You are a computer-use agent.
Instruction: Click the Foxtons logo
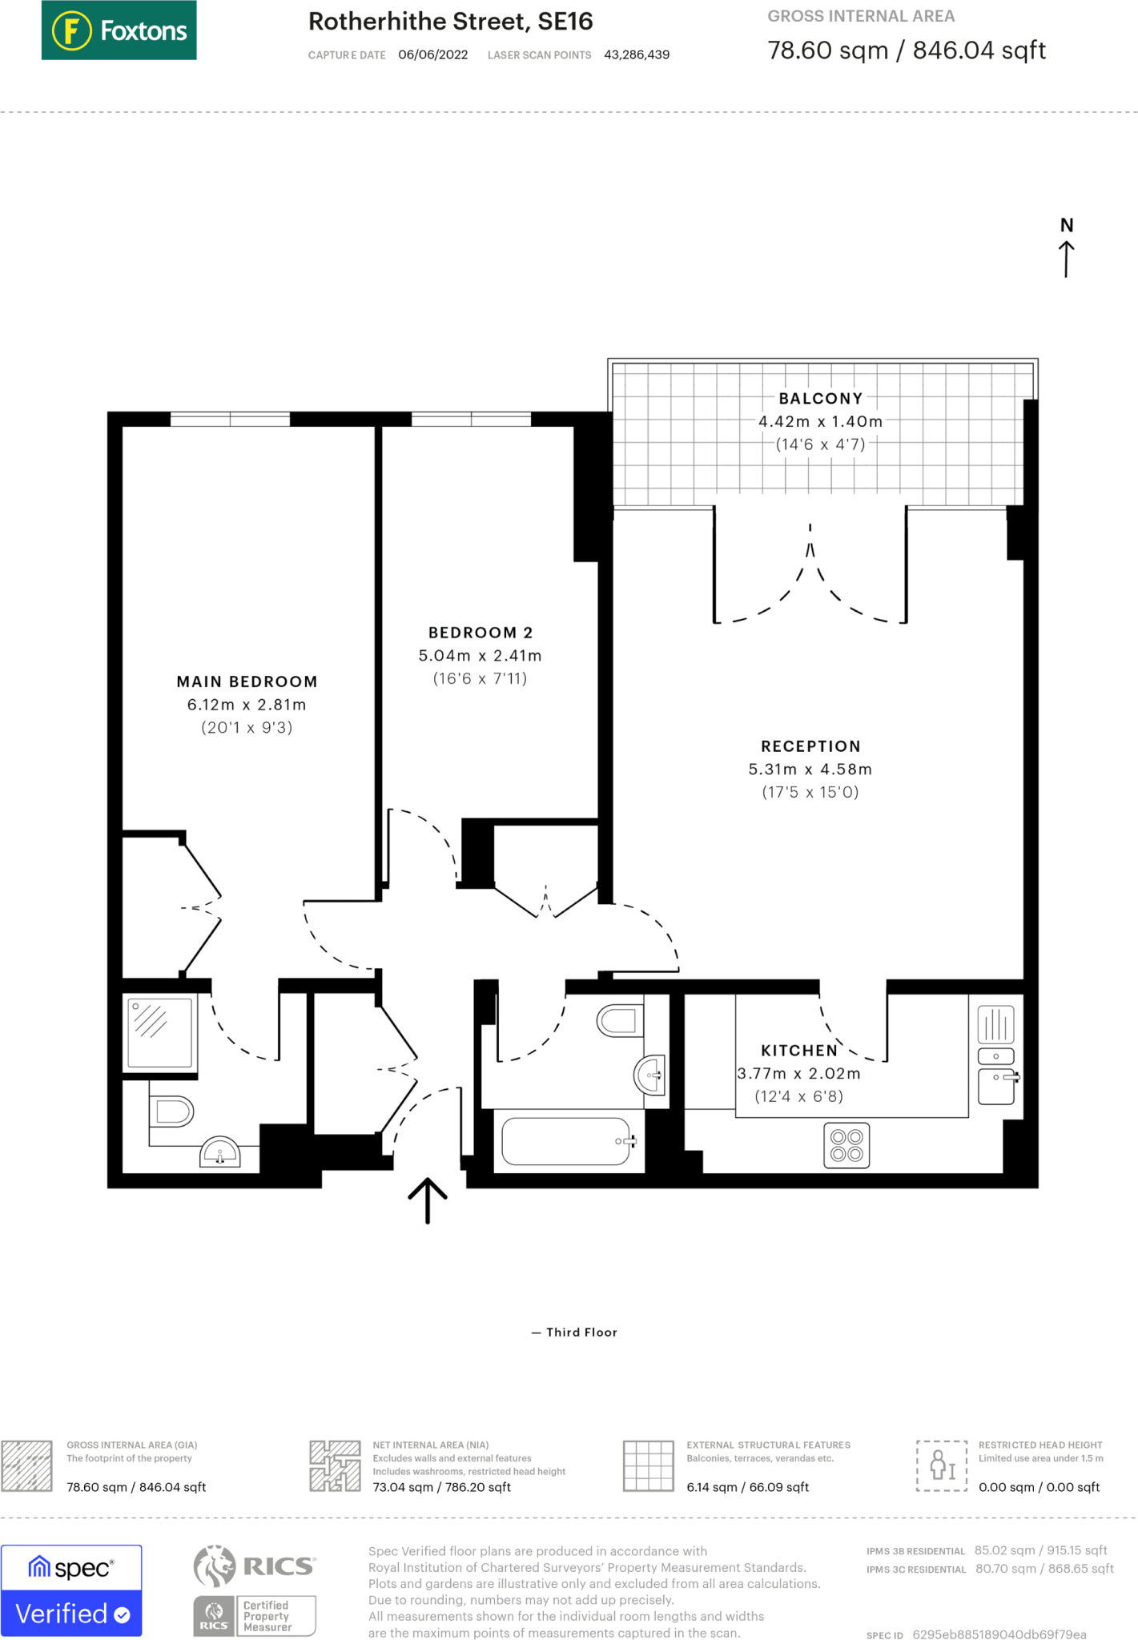[x=119, y=30]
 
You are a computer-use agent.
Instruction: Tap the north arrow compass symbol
[x=1066, y=247]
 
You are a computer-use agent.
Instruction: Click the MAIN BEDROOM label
[x=247, y=681]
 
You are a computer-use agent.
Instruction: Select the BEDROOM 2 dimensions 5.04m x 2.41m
[x=480, y=656]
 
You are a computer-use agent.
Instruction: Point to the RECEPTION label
[x=810, y=746]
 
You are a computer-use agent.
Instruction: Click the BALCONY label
[x=821, y=399]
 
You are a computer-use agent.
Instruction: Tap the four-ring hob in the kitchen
[x=846, y=1145]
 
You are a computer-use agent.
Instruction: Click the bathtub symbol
[x=567, y=1141]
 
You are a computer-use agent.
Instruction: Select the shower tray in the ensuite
[x=160, y=1032]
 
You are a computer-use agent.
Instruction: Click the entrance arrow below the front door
[x=428, y=1200]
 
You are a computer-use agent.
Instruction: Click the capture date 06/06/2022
[x=432, y=54]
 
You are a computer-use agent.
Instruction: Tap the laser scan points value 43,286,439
[x=637, y=54]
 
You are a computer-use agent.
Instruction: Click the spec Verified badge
[x=71, y=1590]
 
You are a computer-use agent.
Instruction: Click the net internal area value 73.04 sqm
[x=441, y=1487]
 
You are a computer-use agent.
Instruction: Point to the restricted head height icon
[x=942, y=1465]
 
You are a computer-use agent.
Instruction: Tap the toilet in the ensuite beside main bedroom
[x=172, y=1111]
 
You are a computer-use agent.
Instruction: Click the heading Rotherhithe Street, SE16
[x=450, y=22]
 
